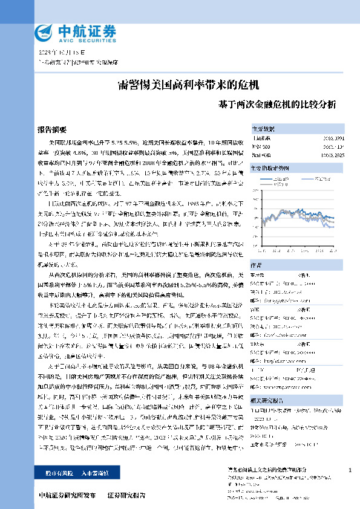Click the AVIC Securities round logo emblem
click(44, 32)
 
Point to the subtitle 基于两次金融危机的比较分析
click(277, 103)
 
